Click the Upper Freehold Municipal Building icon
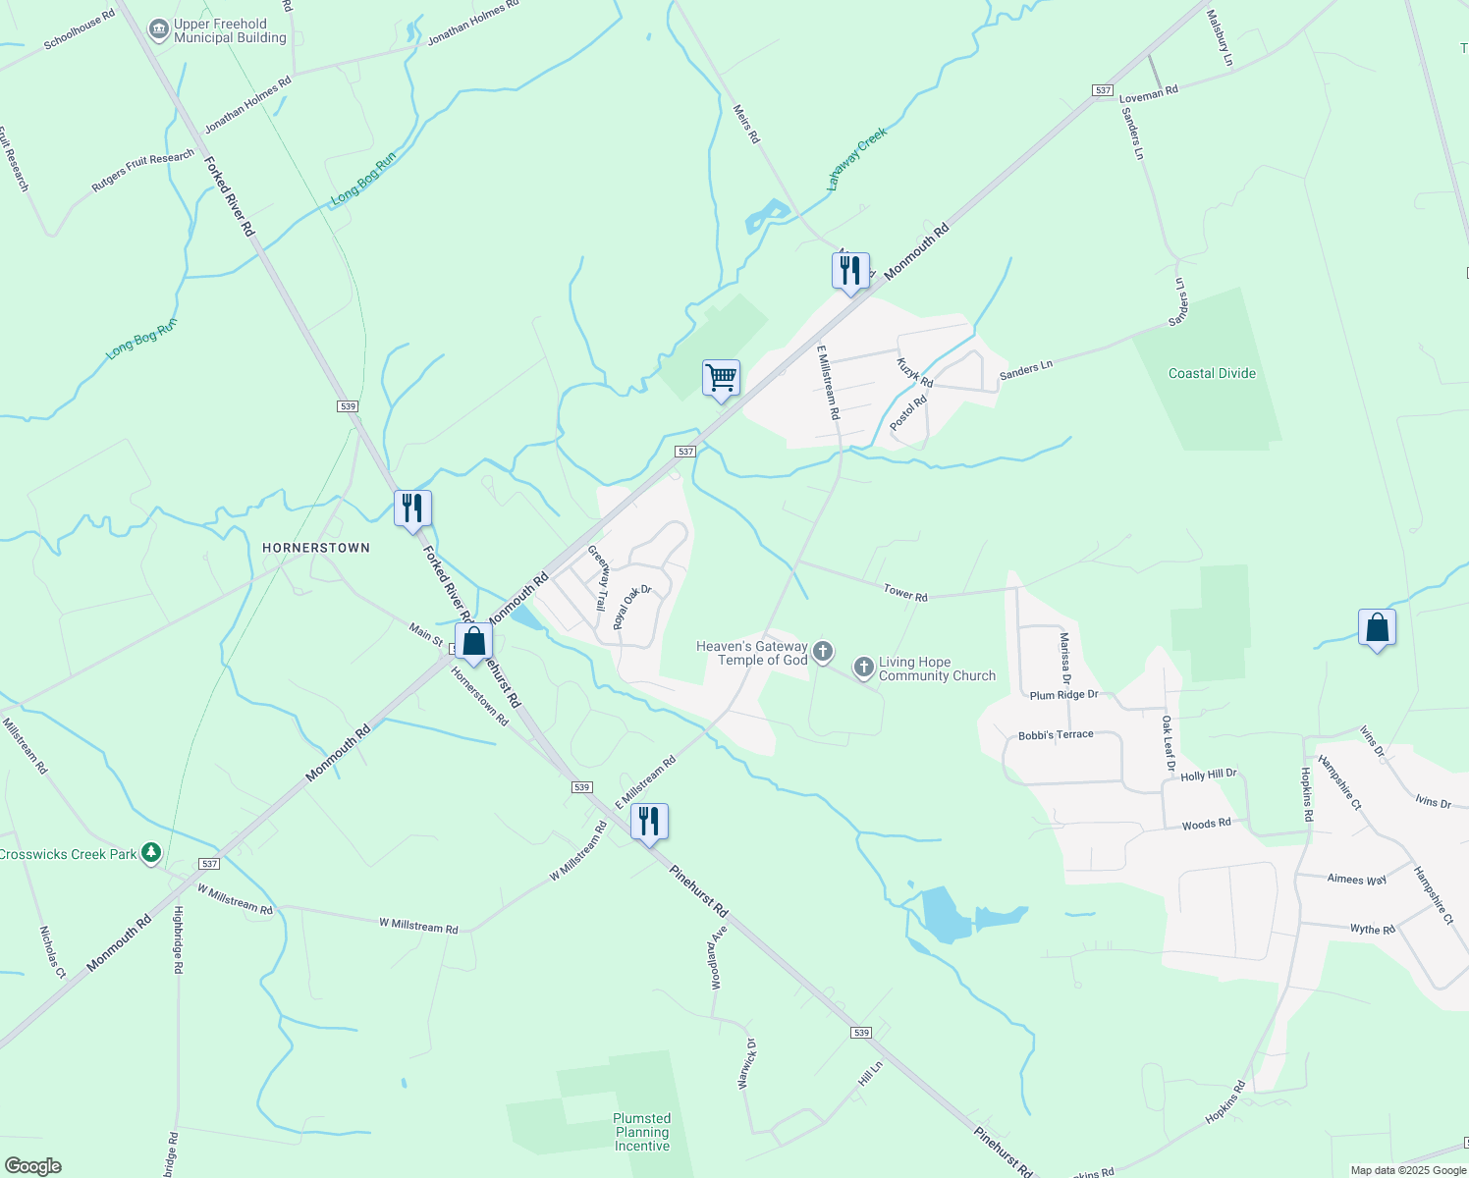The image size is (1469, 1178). click(x=158, y=30)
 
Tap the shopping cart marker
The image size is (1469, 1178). click(x=721, y=378)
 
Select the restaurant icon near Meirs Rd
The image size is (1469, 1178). click(x=850, y=270)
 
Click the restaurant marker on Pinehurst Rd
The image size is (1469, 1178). click(x=649, y=821)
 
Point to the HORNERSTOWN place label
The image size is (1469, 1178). click(x=316, y=548)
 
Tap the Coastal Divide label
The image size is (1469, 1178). click(x=1212, y=373)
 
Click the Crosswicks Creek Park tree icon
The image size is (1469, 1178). click(x=150, y=853)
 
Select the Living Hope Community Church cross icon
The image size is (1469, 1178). click(x=863, y=669)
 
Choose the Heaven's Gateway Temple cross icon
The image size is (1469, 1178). click(x=823, y=651)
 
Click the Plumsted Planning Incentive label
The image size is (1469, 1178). click(x=642, y=1132)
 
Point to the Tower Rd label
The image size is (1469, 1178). click(x=905, y=593)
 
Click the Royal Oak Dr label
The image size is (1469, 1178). click(x=631, y=608)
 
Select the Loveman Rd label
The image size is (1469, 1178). click(x=1149, y=93)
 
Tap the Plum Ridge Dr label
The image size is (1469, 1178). click(x=1063, y=695)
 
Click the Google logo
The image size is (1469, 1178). click(x=33, y=1166)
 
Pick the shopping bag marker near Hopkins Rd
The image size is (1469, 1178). click(x=1377, y=628)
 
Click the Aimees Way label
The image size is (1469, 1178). click(x=1357, y=880)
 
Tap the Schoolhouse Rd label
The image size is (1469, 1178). click(x=80, y=29)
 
